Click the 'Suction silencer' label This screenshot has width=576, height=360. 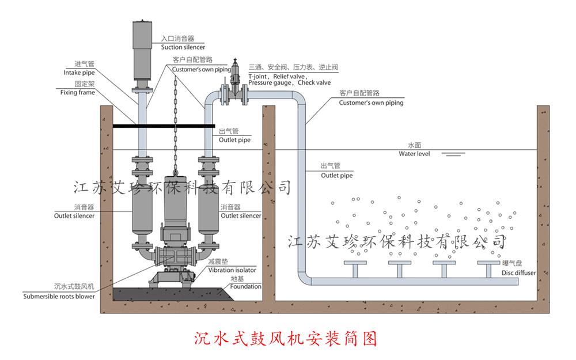(183, 47)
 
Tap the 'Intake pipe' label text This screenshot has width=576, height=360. (78, 73)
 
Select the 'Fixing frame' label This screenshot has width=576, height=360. (77, 92)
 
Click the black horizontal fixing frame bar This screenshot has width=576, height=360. (164, 126)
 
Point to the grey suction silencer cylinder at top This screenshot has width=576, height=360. (142, 49)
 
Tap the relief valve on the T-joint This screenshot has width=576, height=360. (234, 75)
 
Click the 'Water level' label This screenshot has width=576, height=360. (414, 154)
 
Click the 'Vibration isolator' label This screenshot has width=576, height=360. (232, 270)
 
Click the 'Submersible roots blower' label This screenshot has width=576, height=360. (59, 297)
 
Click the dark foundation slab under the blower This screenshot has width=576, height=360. (173, 294)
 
